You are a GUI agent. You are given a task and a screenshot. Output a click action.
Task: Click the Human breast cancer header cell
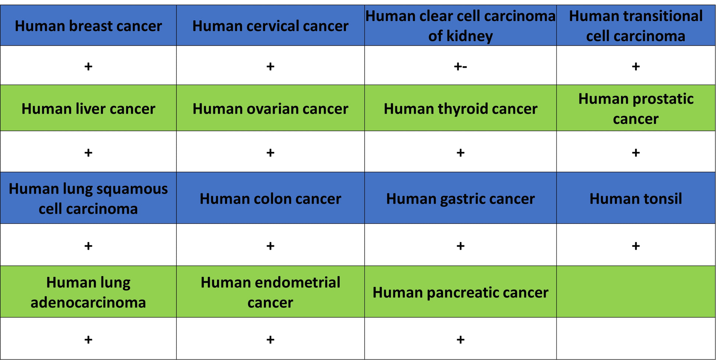tap(88, 25)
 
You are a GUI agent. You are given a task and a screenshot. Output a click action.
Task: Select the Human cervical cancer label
tap(270, 26)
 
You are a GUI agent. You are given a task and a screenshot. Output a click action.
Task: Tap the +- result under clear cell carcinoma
tap(460, 67)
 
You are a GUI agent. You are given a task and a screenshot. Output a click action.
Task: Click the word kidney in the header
tap(469, 36)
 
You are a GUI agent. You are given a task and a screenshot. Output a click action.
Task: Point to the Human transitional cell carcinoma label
tap(636, 26)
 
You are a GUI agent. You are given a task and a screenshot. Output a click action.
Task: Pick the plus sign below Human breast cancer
tap(88, 67)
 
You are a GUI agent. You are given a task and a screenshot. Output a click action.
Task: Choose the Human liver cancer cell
tap(88, 108)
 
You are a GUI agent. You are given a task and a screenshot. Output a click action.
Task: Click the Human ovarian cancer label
tap(270, 109)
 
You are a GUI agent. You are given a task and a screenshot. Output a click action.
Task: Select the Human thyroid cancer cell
tap(460, 108)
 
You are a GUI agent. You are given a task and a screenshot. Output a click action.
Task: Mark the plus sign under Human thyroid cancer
tap(460, 153)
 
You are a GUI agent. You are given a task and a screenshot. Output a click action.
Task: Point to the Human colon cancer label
tap(270, 199)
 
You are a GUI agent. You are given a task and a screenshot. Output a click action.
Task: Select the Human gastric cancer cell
tap(460, 198)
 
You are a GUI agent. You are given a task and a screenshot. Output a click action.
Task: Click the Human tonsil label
tap(636, 199)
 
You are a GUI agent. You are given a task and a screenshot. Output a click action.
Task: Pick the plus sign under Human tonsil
tap(636, 246)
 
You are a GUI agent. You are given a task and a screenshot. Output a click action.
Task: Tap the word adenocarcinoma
tap(88, 303)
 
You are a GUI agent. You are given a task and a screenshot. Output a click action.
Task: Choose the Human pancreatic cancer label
tap(460, 293)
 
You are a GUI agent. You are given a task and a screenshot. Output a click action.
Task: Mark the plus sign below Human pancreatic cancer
tap(460, 339)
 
